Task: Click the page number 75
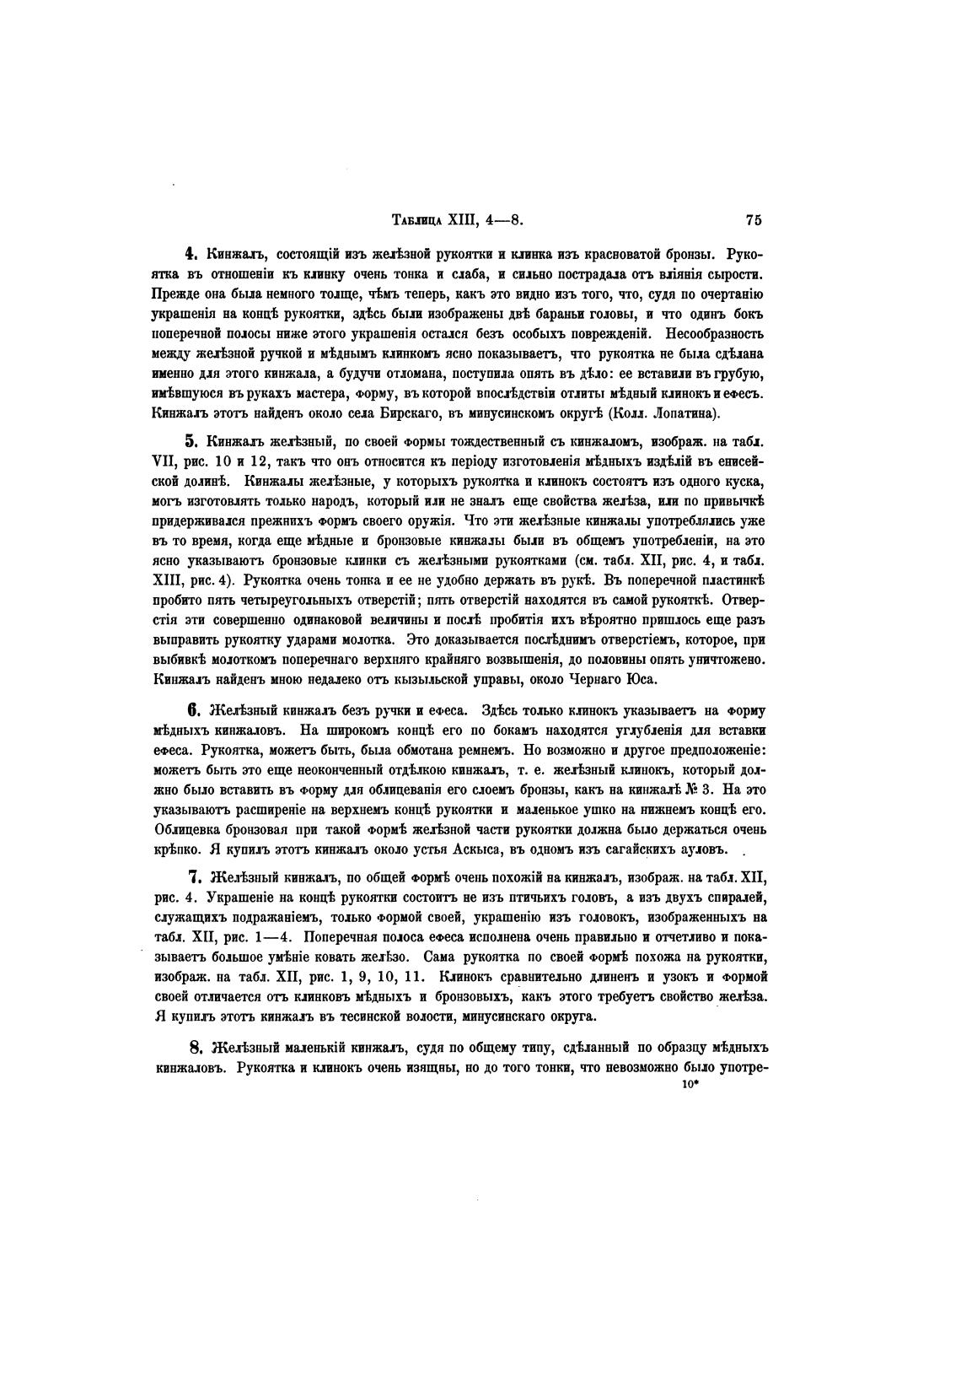pos(753,221)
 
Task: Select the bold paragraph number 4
pos(191,254)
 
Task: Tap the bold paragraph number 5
pos(191,440)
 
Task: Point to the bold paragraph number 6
pos(191,709)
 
